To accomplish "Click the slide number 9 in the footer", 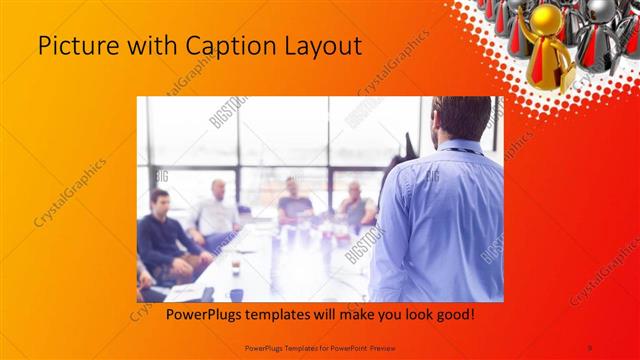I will click(x=590, y=347).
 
